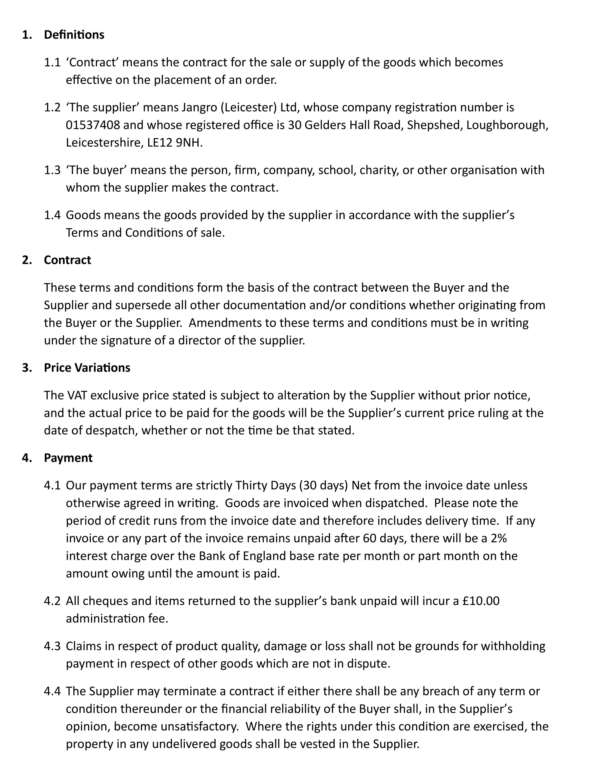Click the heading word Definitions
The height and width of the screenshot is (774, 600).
[74, 35]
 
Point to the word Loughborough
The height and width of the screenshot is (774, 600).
[507, 125]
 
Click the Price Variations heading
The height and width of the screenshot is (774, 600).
[87, 368]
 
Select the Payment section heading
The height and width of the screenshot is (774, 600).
[68, 458]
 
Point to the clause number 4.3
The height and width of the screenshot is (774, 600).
[52, 646]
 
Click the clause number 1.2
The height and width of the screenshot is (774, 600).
[52, 107]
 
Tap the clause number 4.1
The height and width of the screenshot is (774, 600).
[52, 485]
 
